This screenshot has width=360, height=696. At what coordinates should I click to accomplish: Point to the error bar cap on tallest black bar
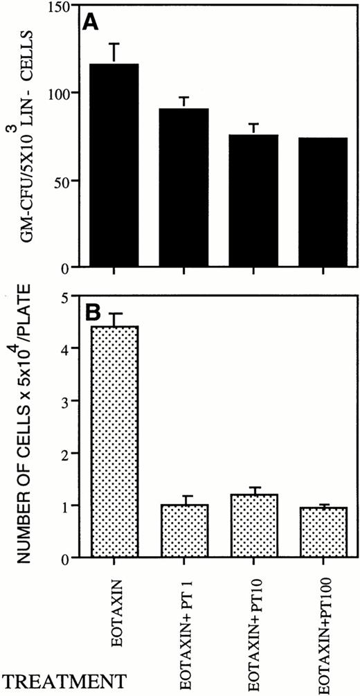[114, 44]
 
